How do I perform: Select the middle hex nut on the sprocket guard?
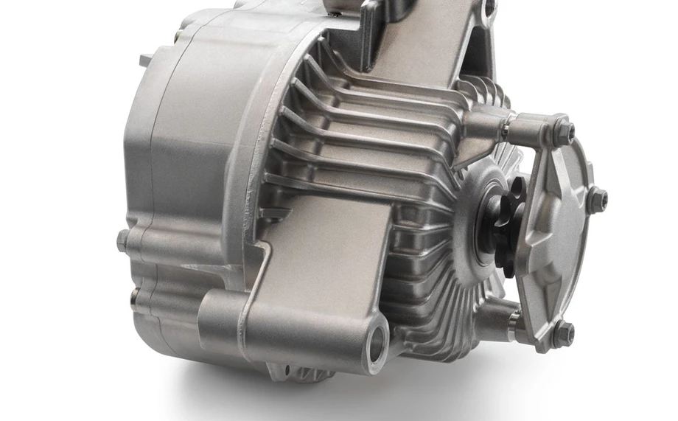[598, 198]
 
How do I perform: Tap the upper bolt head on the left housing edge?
[123, 241]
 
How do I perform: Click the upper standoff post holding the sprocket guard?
[527, 132]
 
